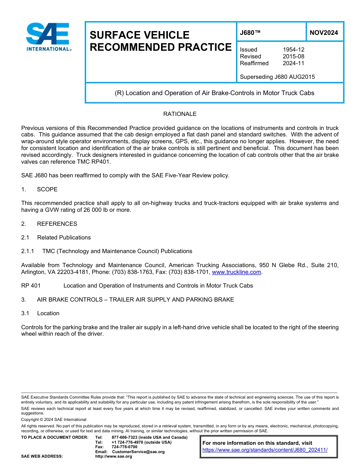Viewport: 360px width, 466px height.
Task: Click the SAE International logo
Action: click(x=49, y=37)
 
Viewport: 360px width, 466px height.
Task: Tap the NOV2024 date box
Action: click(x=324, y=33)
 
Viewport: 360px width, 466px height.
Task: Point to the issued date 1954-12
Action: click(x=293, y=50)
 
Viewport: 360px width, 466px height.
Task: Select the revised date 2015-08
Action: click(x=293, y=56)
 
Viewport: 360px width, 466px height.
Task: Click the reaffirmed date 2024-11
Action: click(x=293, y=63)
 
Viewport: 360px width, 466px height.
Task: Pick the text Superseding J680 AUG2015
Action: click(x=277, y=77)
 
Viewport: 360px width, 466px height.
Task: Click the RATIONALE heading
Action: click(x=180, y=114)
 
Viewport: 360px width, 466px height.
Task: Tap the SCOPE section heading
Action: click(x=47, y=189)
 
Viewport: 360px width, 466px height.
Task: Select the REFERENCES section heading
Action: click(x=57, y=224)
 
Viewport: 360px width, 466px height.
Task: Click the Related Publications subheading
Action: click(x=64, y=238)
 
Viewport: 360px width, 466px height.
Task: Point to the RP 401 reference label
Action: click(x=31, y=286)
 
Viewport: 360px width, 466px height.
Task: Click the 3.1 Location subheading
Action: click(x=48, y=313)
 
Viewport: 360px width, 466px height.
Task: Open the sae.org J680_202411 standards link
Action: click(x=265, y=450)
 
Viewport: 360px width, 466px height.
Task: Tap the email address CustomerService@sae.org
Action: click(x=138, y=452)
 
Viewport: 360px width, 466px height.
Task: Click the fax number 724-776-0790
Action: click(x=124, y=447)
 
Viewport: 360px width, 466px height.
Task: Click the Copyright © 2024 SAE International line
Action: click(x=54, y=419)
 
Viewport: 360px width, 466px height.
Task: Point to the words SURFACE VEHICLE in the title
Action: click(x=139, y=35)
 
